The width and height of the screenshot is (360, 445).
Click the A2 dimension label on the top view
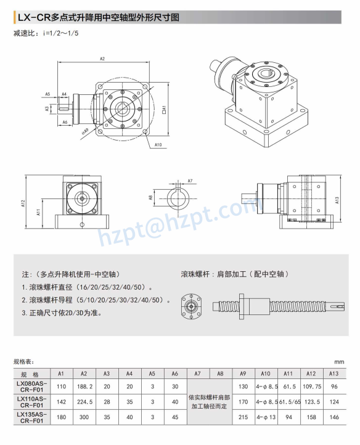point(102,59)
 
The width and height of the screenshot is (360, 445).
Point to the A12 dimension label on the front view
point(23,203)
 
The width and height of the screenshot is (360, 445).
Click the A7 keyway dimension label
point(190,181)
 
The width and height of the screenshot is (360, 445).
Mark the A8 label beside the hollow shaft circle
point(150,198)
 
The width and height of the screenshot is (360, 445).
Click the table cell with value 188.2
point(84,386)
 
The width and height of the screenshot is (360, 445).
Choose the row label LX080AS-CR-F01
point(30,386)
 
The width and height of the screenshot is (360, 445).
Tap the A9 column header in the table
point(243,374)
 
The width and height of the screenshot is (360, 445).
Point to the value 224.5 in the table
point(84,402)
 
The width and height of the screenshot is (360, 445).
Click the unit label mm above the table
point(339,362)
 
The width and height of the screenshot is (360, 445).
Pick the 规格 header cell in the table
point(30,374)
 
